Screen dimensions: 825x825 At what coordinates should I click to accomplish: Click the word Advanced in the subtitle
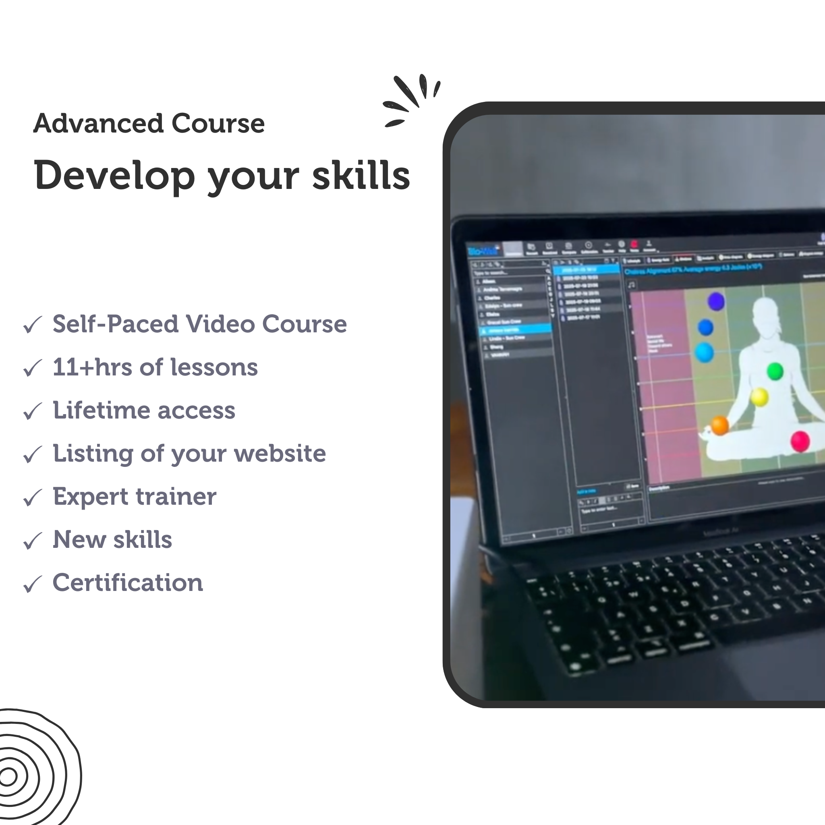pyautogui.click(x=98, y=124)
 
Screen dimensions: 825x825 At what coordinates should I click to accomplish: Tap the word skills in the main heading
pyautogui.click(x=361, y=176)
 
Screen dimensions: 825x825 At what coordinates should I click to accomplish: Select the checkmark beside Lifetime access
pyautogui.click(x=33, y=411)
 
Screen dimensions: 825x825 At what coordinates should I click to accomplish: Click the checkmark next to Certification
pyautogui.click(x=33, y=584)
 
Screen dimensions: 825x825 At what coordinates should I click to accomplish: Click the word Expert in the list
pyautogui.click(x=90, y=497)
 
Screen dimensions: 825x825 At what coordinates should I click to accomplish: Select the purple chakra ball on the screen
pyautogui.click(x=716, y=301)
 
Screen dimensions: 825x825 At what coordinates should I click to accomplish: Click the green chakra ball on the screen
pyautogui.click(x=775, y=371)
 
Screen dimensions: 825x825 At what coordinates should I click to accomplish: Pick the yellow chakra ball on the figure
pyautogui.click(x=759, y=398)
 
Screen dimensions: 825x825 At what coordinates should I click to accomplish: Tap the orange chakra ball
pyautogui.click(x=720, y=426)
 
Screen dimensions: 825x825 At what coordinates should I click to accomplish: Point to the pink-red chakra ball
pyautogui.click(x=800, y=441)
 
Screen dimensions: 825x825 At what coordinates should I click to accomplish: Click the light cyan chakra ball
pyautogui.click(x=704, y=353)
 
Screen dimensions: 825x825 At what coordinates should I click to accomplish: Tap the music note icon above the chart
pyautogui.click(x=632, y=284)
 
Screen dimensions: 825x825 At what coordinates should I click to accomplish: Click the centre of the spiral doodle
pyautogui.click(x=7, y=777)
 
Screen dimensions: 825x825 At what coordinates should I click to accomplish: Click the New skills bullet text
pyautogui.click(x=112, y=540)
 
